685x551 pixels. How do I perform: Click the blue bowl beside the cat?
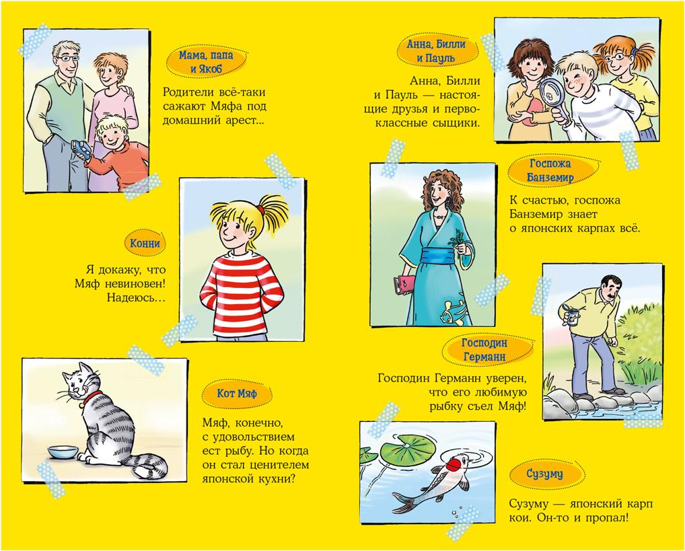[x=63, y=451]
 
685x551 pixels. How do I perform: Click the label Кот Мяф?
[x=238, y=394]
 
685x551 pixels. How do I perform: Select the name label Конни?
[x=145, y=244]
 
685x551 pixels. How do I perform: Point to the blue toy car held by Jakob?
[x=81, y=149]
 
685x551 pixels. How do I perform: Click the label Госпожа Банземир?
[x=550, y=170]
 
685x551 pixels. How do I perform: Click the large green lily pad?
[x=407, y=449]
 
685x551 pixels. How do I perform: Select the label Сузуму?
[x=544, y=474]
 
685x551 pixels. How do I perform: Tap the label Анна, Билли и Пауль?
[x=436, y=50]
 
